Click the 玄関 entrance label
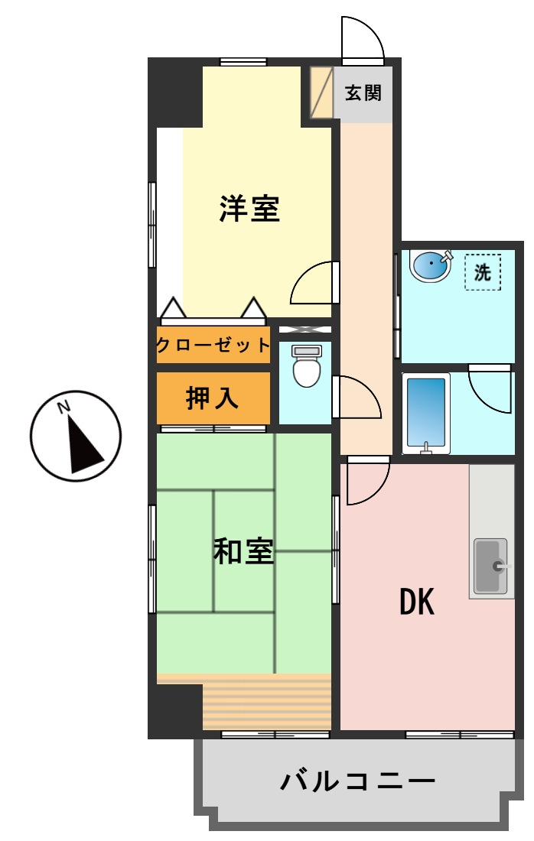pyautogui.click(x=363, y=93)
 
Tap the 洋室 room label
pyautogui.click(x=249, y=209)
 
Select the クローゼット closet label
pyautogui.click(x=213, y=345)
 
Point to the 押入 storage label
pyautogui.click(x=213, y=398)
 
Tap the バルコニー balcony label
pyautogui.click(x=358, y=781)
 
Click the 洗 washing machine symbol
pyautogui.click(x=483, y=272)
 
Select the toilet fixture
pyautogui.click(x=307, y=366)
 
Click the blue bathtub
pyautogui.click(x=426, y=413)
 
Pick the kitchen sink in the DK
pyautogui.click(x=491, y=566)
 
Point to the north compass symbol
pyautogui.click(x=76, y=436)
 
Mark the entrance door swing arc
pyautogui.click(x=361, y=38)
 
